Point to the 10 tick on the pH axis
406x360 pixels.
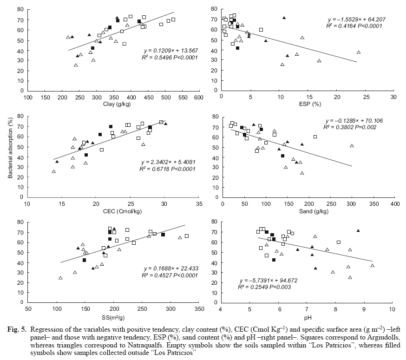point(392,309)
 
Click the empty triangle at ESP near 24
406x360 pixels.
point(359,52)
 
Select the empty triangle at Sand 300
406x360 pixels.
point(352,146)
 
